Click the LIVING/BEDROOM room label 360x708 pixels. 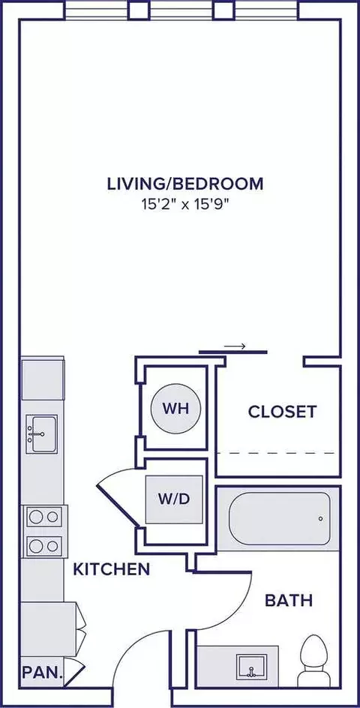(185, 182)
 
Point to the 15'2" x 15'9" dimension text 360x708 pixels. (185, 202)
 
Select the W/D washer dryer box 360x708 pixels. (174, 499)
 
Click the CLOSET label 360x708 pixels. (282, 411)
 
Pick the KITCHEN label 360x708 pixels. (112, 569)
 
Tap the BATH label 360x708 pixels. (289, 600)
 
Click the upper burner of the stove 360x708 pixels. (43, 516)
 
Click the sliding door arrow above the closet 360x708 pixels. (235, 346)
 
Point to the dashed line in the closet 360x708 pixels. (276, 454)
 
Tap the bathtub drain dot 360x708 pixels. (320, 519)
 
